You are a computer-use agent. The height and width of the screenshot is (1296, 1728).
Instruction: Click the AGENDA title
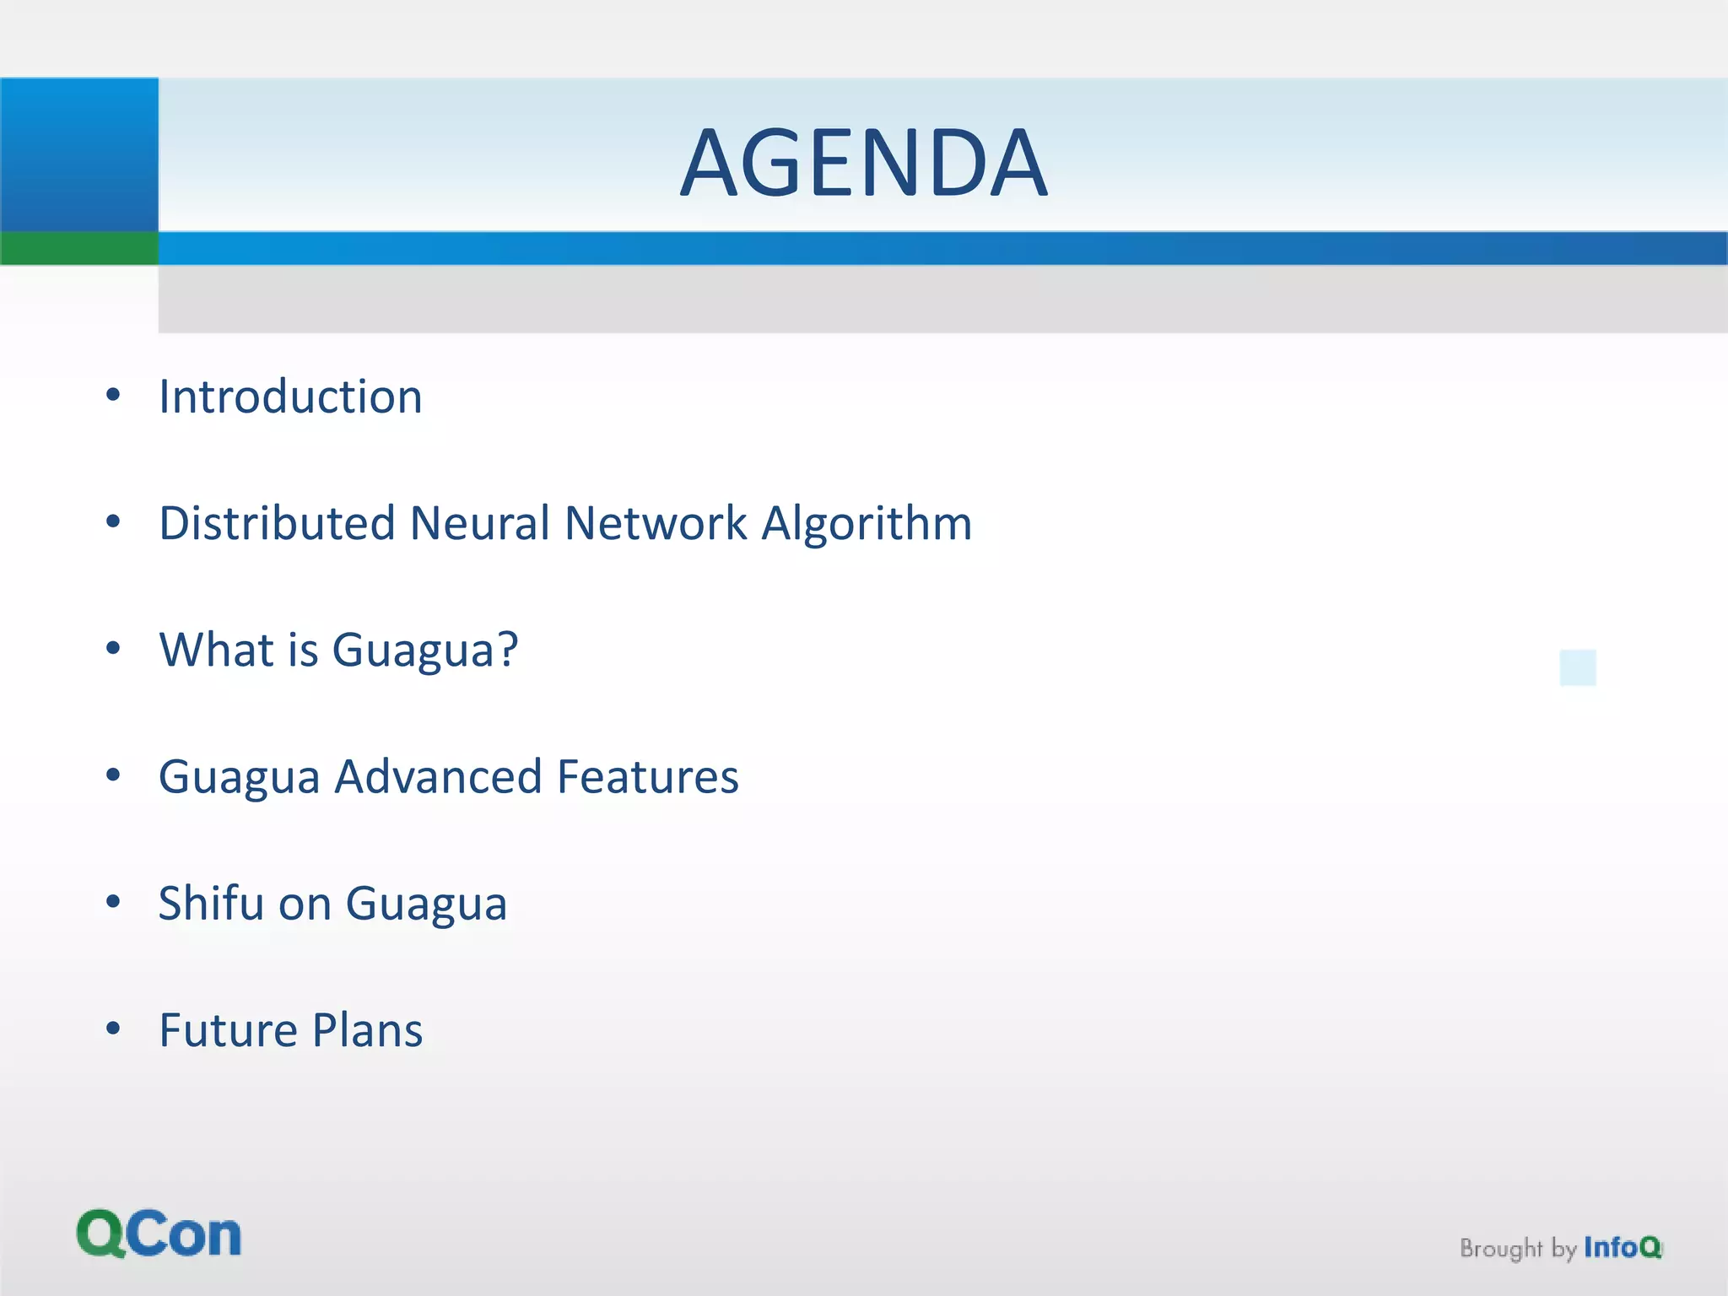click(x=863, y=162)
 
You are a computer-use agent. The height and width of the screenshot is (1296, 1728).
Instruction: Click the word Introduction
click(x=290, y=397)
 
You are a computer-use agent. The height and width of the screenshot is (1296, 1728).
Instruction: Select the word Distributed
click(x=277, y=523)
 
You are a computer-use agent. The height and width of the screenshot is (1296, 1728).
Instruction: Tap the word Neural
click(x=479, y=523)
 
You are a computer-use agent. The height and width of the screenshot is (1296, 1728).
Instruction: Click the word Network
click(x=656, y=523)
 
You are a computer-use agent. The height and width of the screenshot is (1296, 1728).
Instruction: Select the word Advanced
click(x=438, y=776)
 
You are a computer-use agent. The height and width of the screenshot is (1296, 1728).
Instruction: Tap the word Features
click(x=648, y=776)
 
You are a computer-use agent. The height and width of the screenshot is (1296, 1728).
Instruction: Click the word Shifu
click(x=211, y=903)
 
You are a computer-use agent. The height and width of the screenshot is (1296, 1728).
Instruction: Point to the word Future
click(x=228, y=1030)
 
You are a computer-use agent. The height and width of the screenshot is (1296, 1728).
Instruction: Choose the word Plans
click(x=368, y=1030)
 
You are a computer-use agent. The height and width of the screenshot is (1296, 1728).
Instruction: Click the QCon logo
click(x=159, y=1234)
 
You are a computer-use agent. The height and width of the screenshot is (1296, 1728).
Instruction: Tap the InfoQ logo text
click(x=1622, y=1247)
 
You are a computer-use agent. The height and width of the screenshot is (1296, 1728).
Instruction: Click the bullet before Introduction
click(x=113, y=395)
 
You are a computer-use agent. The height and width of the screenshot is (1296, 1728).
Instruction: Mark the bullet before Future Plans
click(x=113, y=1029)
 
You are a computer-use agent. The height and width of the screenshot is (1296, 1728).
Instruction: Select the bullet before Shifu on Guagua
click(x=113, y=901)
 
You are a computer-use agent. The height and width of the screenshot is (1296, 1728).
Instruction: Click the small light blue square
click(x=1578, y=667)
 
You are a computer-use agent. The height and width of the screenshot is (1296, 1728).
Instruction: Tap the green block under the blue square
click(x=78, y=248)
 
